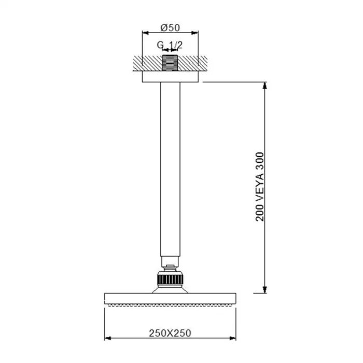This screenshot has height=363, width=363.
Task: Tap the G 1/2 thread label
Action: click(170, 45)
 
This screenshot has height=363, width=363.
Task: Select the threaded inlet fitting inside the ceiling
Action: click(170, 63)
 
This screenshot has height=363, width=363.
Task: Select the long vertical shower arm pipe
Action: click(170, 166)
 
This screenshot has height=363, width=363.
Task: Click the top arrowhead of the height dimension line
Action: click(265, 85)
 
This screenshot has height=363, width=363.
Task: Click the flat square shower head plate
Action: click(170, 299)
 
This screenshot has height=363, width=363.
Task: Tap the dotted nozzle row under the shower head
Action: click(170, 306)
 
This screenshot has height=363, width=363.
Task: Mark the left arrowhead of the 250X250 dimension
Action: click(108, 338)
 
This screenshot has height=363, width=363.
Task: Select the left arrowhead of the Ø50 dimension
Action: click(145, 32)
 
